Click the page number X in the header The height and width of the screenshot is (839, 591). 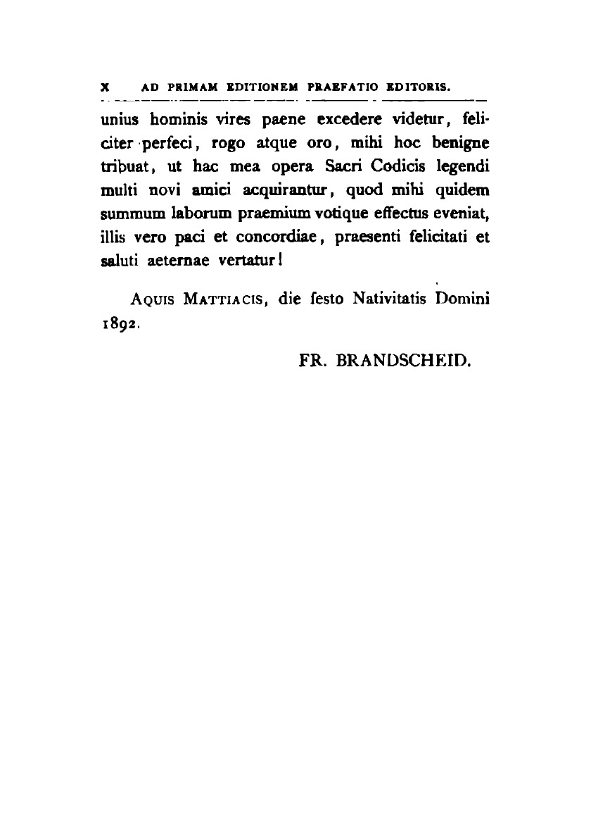pos(103,89)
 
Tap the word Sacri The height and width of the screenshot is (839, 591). pos(345,168)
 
